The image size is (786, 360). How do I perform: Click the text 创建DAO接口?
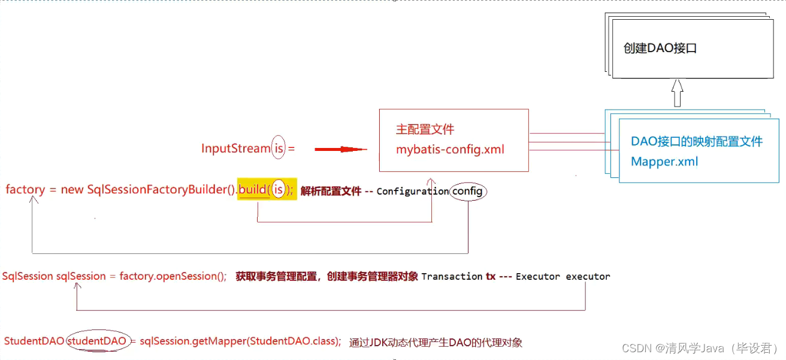[x=660, y=49]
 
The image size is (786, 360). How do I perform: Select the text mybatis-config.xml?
[x=450, y=149]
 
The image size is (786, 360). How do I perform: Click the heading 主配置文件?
[x=425, y=129]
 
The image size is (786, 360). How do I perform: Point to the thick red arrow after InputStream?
[x=340, y=149]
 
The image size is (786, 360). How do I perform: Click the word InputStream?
[x=235, y=149]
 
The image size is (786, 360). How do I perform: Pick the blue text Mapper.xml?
[x=664, y=162]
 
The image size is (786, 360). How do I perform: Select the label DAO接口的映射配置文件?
[x=697, y=141]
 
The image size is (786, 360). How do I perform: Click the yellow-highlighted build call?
[x=267, y=189]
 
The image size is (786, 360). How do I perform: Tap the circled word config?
[x=468, y=191]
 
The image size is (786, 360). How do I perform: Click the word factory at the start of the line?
[x=25, y=190]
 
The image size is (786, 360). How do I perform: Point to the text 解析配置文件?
[x=331, y=191]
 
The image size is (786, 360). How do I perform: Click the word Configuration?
[x=412, y=192]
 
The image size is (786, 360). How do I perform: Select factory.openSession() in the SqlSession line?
[x=173, y=276]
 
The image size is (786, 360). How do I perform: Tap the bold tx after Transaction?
[x=490, y=277]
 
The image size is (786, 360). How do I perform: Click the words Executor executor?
[x=563, y=277]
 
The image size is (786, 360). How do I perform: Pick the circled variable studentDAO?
[x=97, y=341]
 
